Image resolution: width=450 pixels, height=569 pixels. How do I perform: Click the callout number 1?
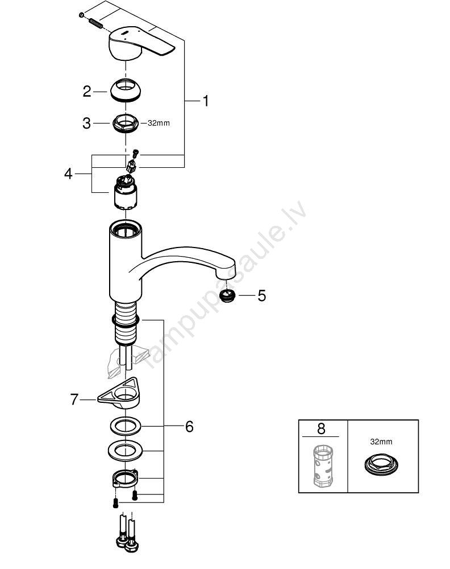click(206, 101)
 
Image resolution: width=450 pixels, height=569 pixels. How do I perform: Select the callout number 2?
click(87, 92)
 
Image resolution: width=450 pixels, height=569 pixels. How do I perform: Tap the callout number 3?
click(86, 123)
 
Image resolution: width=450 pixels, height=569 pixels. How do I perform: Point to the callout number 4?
click(69, 174)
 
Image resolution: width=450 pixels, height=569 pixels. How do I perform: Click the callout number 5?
click(262, 295)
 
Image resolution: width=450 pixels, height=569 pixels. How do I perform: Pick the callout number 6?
click(189, 426)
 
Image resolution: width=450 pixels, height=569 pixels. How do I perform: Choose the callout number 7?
click(74, 399)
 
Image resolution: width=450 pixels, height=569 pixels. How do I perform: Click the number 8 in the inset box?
click(322, 428)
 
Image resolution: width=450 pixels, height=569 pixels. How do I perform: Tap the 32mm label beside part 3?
click(159, 123)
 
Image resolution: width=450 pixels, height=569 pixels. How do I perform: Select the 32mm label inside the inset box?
click(381, 442)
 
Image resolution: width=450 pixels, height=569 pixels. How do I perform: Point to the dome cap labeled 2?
click(126, 90)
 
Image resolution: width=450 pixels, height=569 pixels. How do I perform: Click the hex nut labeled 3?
click(126, 123)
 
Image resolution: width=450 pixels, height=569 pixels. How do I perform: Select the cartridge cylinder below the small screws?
click(126, 193)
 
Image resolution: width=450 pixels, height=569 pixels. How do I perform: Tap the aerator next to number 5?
click(227, 296)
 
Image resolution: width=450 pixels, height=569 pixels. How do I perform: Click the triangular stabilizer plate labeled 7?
click(119, 393)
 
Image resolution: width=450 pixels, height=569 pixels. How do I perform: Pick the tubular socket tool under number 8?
click(323, 467)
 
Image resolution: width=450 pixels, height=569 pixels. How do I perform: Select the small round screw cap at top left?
click(81, 15)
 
